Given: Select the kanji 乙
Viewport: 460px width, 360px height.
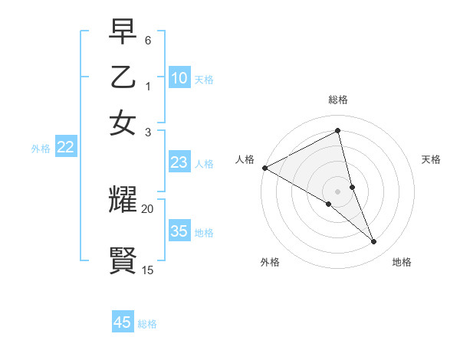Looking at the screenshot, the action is click(x=123, y=78).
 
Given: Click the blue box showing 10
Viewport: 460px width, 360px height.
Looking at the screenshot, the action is click(x=179, y=78).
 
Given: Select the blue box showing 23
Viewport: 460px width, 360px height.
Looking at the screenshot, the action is click(x=179, y=163).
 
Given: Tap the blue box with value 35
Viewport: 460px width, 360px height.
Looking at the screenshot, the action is click(x=179, y=231).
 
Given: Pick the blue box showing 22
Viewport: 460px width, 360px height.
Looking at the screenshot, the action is click(x=65, y=148).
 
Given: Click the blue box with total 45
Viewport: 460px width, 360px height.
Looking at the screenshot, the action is click(x=123, y=322).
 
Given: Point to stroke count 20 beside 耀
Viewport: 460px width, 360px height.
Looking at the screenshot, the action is click(x=148, y=208).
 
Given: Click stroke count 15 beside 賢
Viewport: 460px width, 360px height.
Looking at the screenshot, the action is click(x=148, y=270).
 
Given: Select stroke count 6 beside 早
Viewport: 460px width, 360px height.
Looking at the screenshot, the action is click(x=148, y=40).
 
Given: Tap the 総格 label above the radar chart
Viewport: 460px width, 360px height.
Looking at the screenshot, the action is click(x=338, y=100).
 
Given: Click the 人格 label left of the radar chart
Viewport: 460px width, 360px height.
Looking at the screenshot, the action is click(x=245, y=159).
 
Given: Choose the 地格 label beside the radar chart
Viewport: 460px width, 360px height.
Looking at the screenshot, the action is click(x=402, y=262).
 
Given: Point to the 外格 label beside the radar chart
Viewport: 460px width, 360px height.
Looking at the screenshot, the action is click(x=270, y=262).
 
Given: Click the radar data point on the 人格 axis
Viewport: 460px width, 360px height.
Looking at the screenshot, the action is click(x=264, y=168).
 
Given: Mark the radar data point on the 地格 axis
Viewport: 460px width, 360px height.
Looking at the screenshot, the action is click(x=374, y=242).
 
